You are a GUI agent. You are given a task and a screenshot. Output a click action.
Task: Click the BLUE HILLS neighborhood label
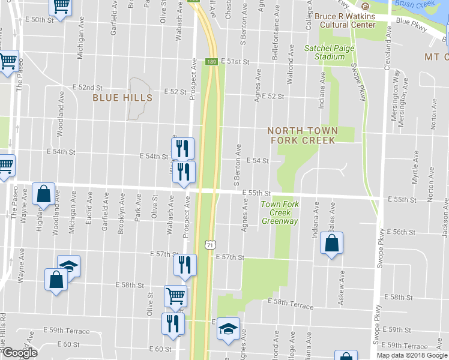118,97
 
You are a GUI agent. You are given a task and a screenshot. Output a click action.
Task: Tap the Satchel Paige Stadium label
325,52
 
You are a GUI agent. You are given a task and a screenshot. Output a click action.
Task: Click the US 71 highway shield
209,245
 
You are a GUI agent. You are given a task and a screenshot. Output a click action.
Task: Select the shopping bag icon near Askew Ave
331,244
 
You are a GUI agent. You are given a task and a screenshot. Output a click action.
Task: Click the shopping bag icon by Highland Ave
44,194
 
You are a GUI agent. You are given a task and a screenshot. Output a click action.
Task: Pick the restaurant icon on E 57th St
185,265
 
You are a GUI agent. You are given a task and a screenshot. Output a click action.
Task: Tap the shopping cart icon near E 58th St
175,295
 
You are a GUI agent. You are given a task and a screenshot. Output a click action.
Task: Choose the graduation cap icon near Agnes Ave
228,329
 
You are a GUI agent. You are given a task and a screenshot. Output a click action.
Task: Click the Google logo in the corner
19,353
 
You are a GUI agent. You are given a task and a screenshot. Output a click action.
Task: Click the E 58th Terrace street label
291,304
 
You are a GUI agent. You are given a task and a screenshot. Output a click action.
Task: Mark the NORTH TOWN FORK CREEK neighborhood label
303,135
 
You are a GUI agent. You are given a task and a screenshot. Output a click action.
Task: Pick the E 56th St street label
402,232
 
